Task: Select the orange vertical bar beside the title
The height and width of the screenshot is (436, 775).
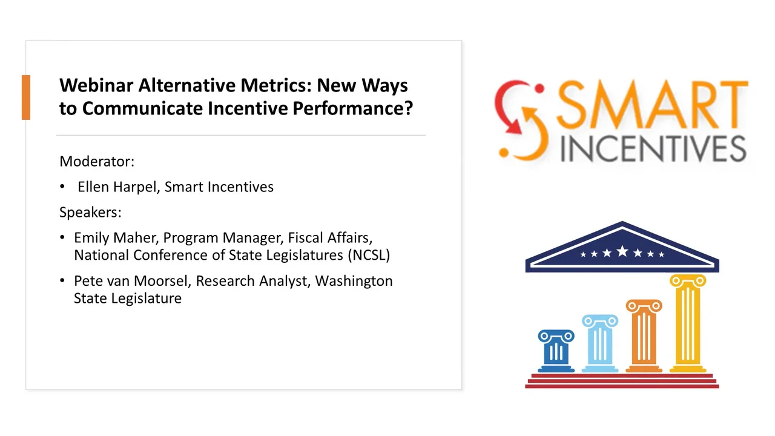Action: pyautogui.click(x=25, y=97)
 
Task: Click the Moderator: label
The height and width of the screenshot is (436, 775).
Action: pyautogui.click(x=97, y=162)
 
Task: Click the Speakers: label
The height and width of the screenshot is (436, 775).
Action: pyautogui.click(x=90, y=213)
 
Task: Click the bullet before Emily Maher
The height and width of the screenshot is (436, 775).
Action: pyautogui.click(x=63, y=238)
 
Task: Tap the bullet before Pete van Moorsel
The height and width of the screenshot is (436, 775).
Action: pyautogui.click(x=63, y=281)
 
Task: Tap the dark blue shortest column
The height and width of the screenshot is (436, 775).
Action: pyautogui.click(x=556, y=351)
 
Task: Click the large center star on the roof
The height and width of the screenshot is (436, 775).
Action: pyautogui.click(x=622, y=251)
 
